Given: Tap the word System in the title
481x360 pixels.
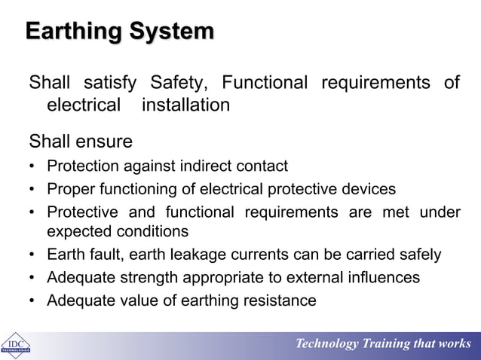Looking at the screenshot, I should [x=169, y=32].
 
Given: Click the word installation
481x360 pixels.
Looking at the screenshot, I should [x=185, y=105].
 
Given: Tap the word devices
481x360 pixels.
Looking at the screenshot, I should [x=368, y=188].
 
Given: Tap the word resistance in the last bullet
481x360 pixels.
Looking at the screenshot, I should [x=280, y=301].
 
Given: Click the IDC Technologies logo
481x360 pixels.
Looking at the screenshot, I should [x=15, y=345].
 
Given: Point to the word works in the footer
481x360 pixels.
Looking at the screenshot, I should [x=455, y=344].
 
